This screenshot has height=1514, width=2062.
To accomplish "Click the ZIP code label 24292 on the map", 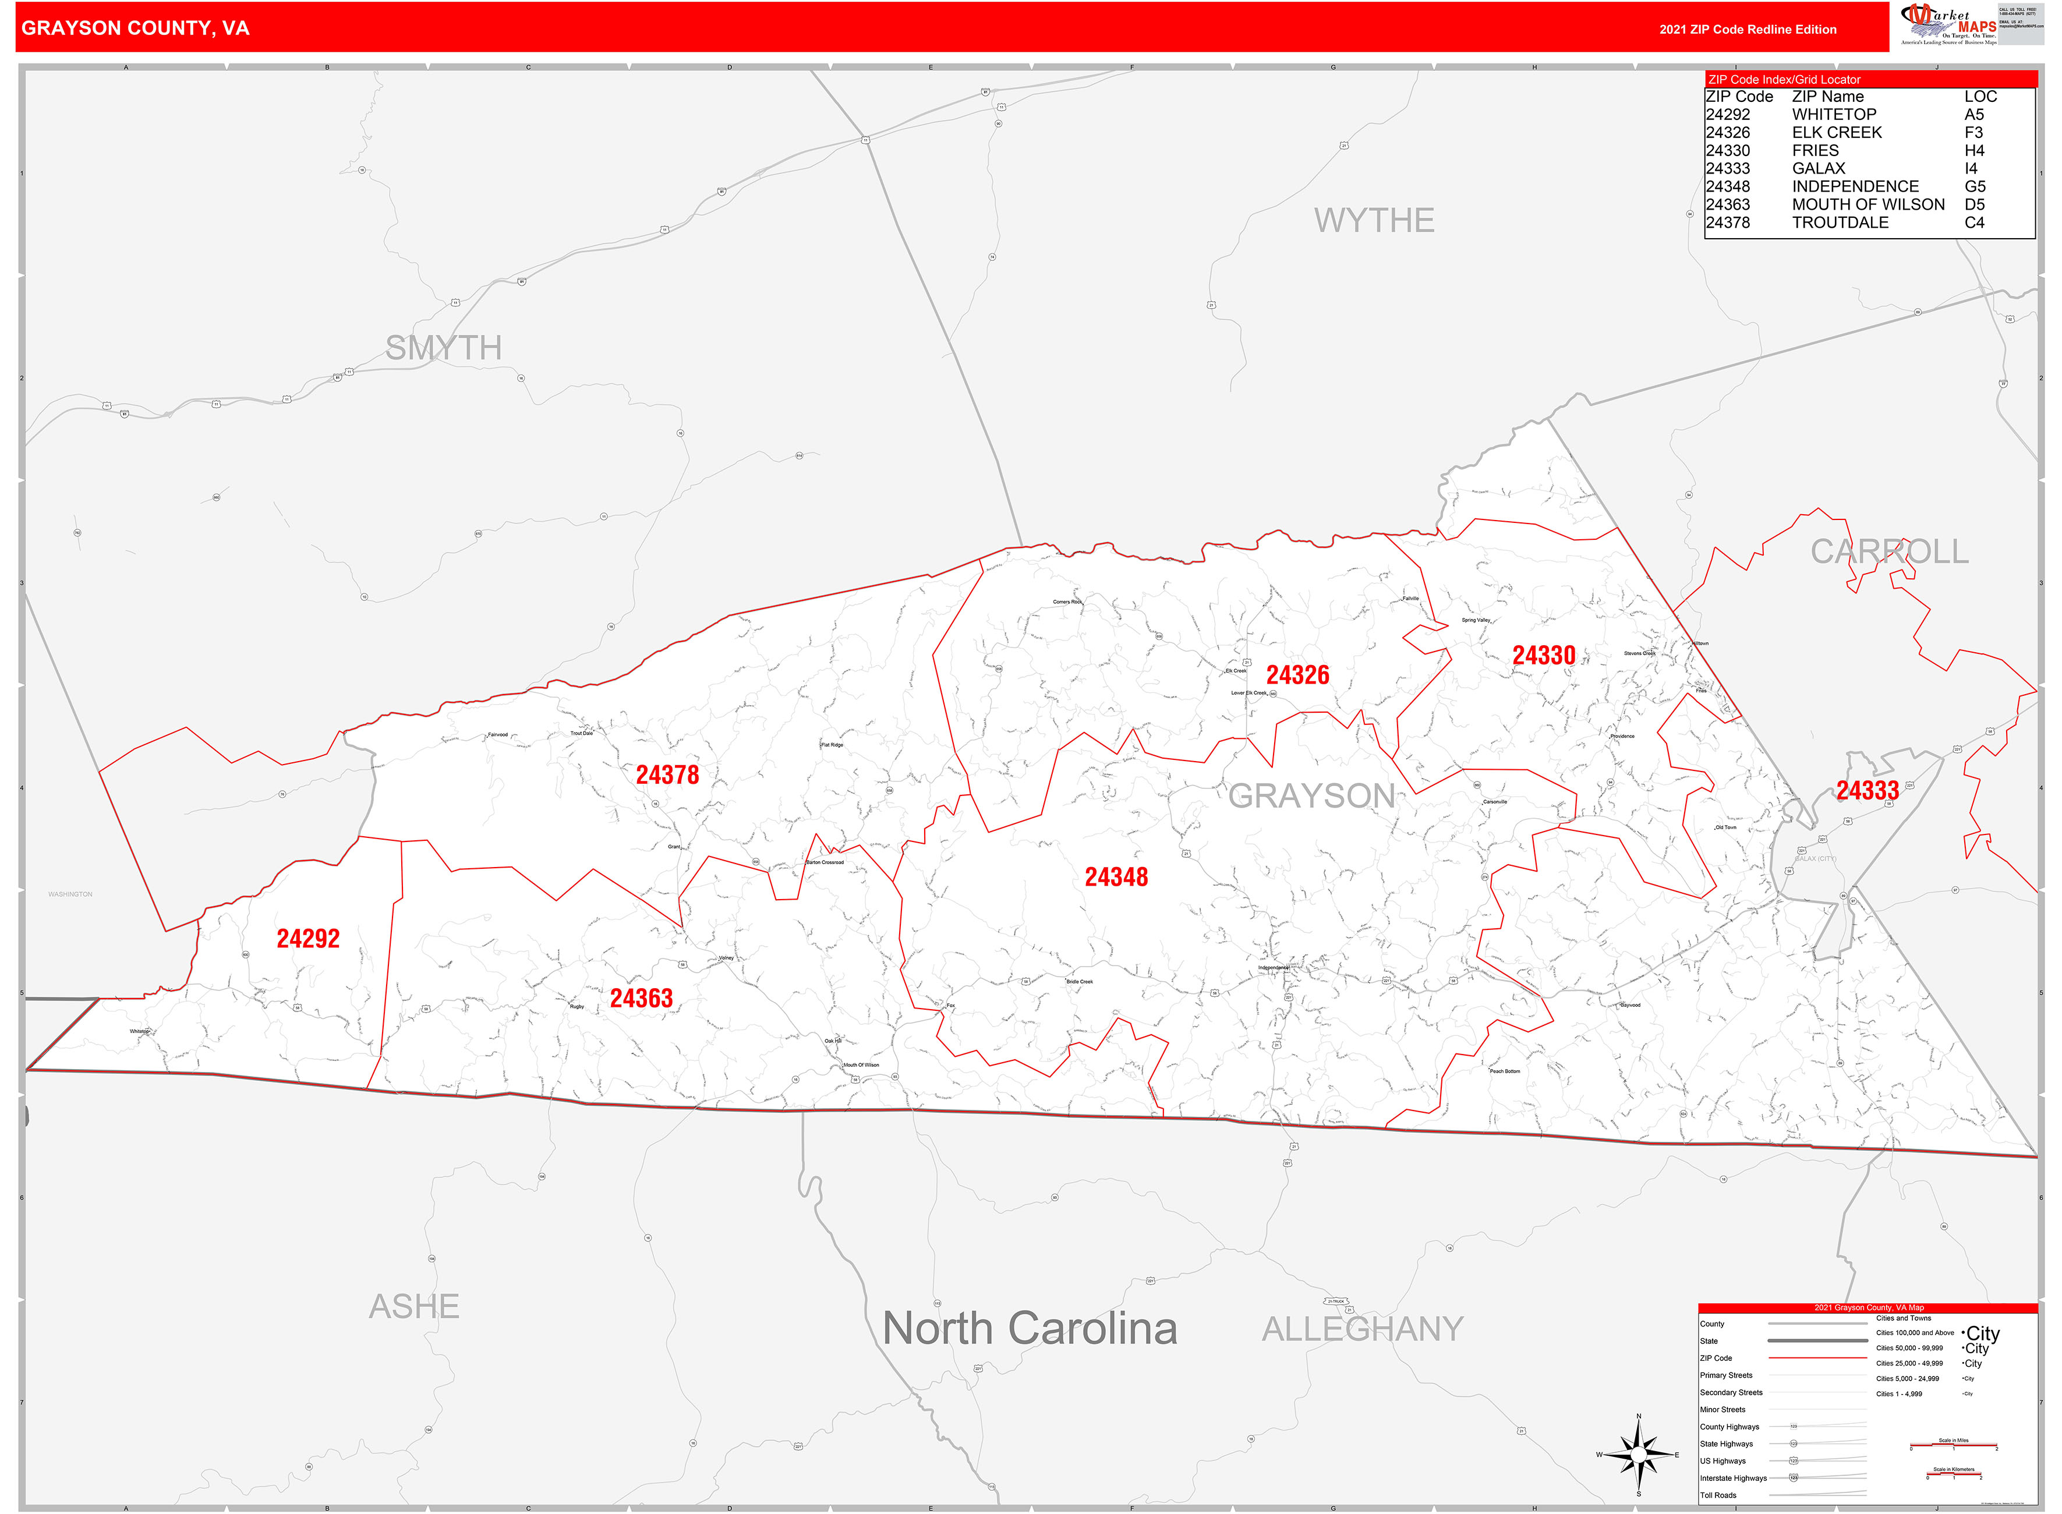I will click(308, 939).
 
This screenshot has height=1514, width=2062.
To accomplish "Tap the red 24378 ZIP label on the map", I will click(667, 775).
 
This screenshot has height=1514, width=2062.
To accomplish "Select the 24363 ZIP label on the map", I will click(642, 998).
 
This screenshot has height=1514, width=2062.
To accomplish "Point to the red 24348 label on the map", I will click(1116, 877).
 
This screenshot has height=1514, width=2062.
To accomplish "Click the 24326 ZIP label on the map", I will click(1297, 675).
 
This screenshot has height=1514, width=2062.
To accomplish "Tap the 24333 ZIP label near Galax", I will click(1868, 790).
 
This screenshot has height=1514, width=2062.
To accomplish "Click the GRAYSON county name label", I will click(1311, 795).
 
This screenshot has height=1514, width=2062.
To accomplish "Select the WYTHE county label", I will click(1374, 220).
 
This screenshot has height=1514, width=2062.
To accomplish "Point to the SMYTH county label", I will click(444, 348).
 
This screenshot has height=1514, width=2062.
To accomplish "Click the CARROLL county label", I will click(1890, 551).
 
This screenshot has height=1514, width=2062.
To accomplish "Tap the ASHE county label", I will click(414, 1306).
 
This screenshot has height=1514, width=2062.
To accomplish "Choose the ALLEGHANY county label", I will click(1363, 1329).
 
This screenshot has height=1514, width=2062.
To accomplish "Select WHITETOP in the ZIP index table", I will click(1834, 115).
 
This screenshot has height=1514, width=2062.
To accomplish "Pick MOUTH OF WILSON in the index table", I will click(1868, 204).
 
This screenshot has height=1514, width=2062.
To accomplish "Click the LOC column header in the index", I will click(1980, 96).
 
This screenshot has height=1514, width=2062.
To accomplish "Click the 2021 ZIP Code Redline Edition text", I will click(1748, 29).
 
